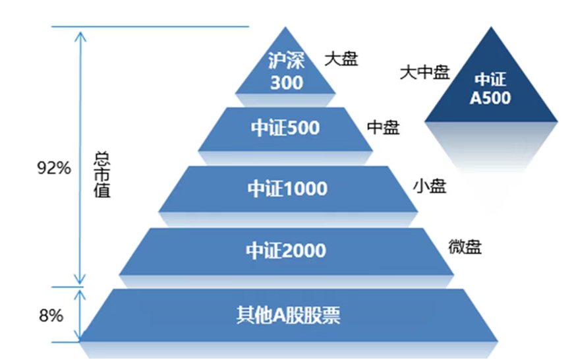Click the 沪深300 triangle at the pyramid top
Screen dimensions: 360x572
click(x=285, y=70)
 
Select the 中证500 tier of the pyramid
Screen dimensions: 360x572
click(x=285, y=128)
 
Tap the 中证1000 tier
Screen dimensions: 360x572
click(x=287, y=189)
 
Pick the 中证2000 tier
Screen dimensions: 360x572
click(x=286, y=251)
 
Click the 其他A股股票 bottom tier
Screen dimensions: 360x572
click(x=288, y=315)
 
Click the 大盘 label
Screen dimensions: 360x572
click(x=341, y=59)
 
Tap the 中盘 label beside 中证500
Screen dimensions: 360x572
click(x=383, y=127)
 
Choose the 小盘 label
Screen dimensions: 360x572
click(x=429, y=187)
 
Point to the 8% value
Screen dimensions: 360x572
click(x=51, y=316)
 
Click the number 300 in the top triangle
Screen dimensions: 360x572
click(x=286, y=83)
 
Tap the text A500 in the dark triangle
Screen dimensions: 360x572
click(x=490, y=98)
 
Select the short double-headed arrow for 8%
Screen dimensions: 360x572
click(x=80, y=315)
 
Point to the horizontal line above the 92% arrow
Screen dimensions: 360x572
click(x=150, y=27)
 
